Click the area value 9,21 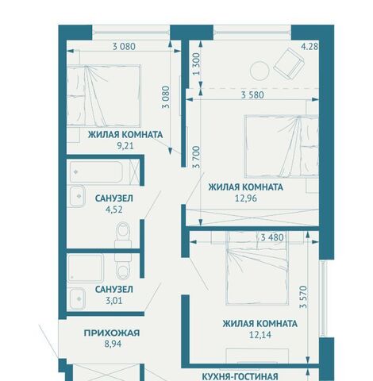(x=125, y=146)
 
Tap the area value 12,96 (x=246, y=198)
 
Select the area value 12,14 (x=260, y=335)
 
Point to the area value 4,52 (x=114, y=210)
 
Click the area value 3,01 (x=114, y=301)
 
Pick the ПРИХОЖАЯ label (x=112, y=333)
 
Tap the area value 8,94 (x=113, y=344)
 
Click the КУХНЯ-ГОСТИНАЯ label (x=240, y=376)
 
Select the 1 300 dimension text (x=197, y=64)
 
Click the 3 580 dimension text (x=252, y=95)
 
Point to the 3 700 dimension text (x=197, y=157)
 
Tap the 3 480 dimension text (x=272, y=237)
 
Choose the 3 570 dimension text (x=303, y=297)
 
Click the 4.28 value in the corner (x=310, y=47)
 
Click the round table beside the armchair (x=260, y=71)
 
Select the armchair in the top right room (x=289, y=63)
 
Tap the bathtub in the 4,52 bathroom (x=96, y=172)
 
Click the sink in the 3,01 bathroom (x=78, y=298)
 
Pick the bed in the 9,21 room (x=103, y=95)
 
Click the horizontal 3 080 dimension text (x=124, y=47)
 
